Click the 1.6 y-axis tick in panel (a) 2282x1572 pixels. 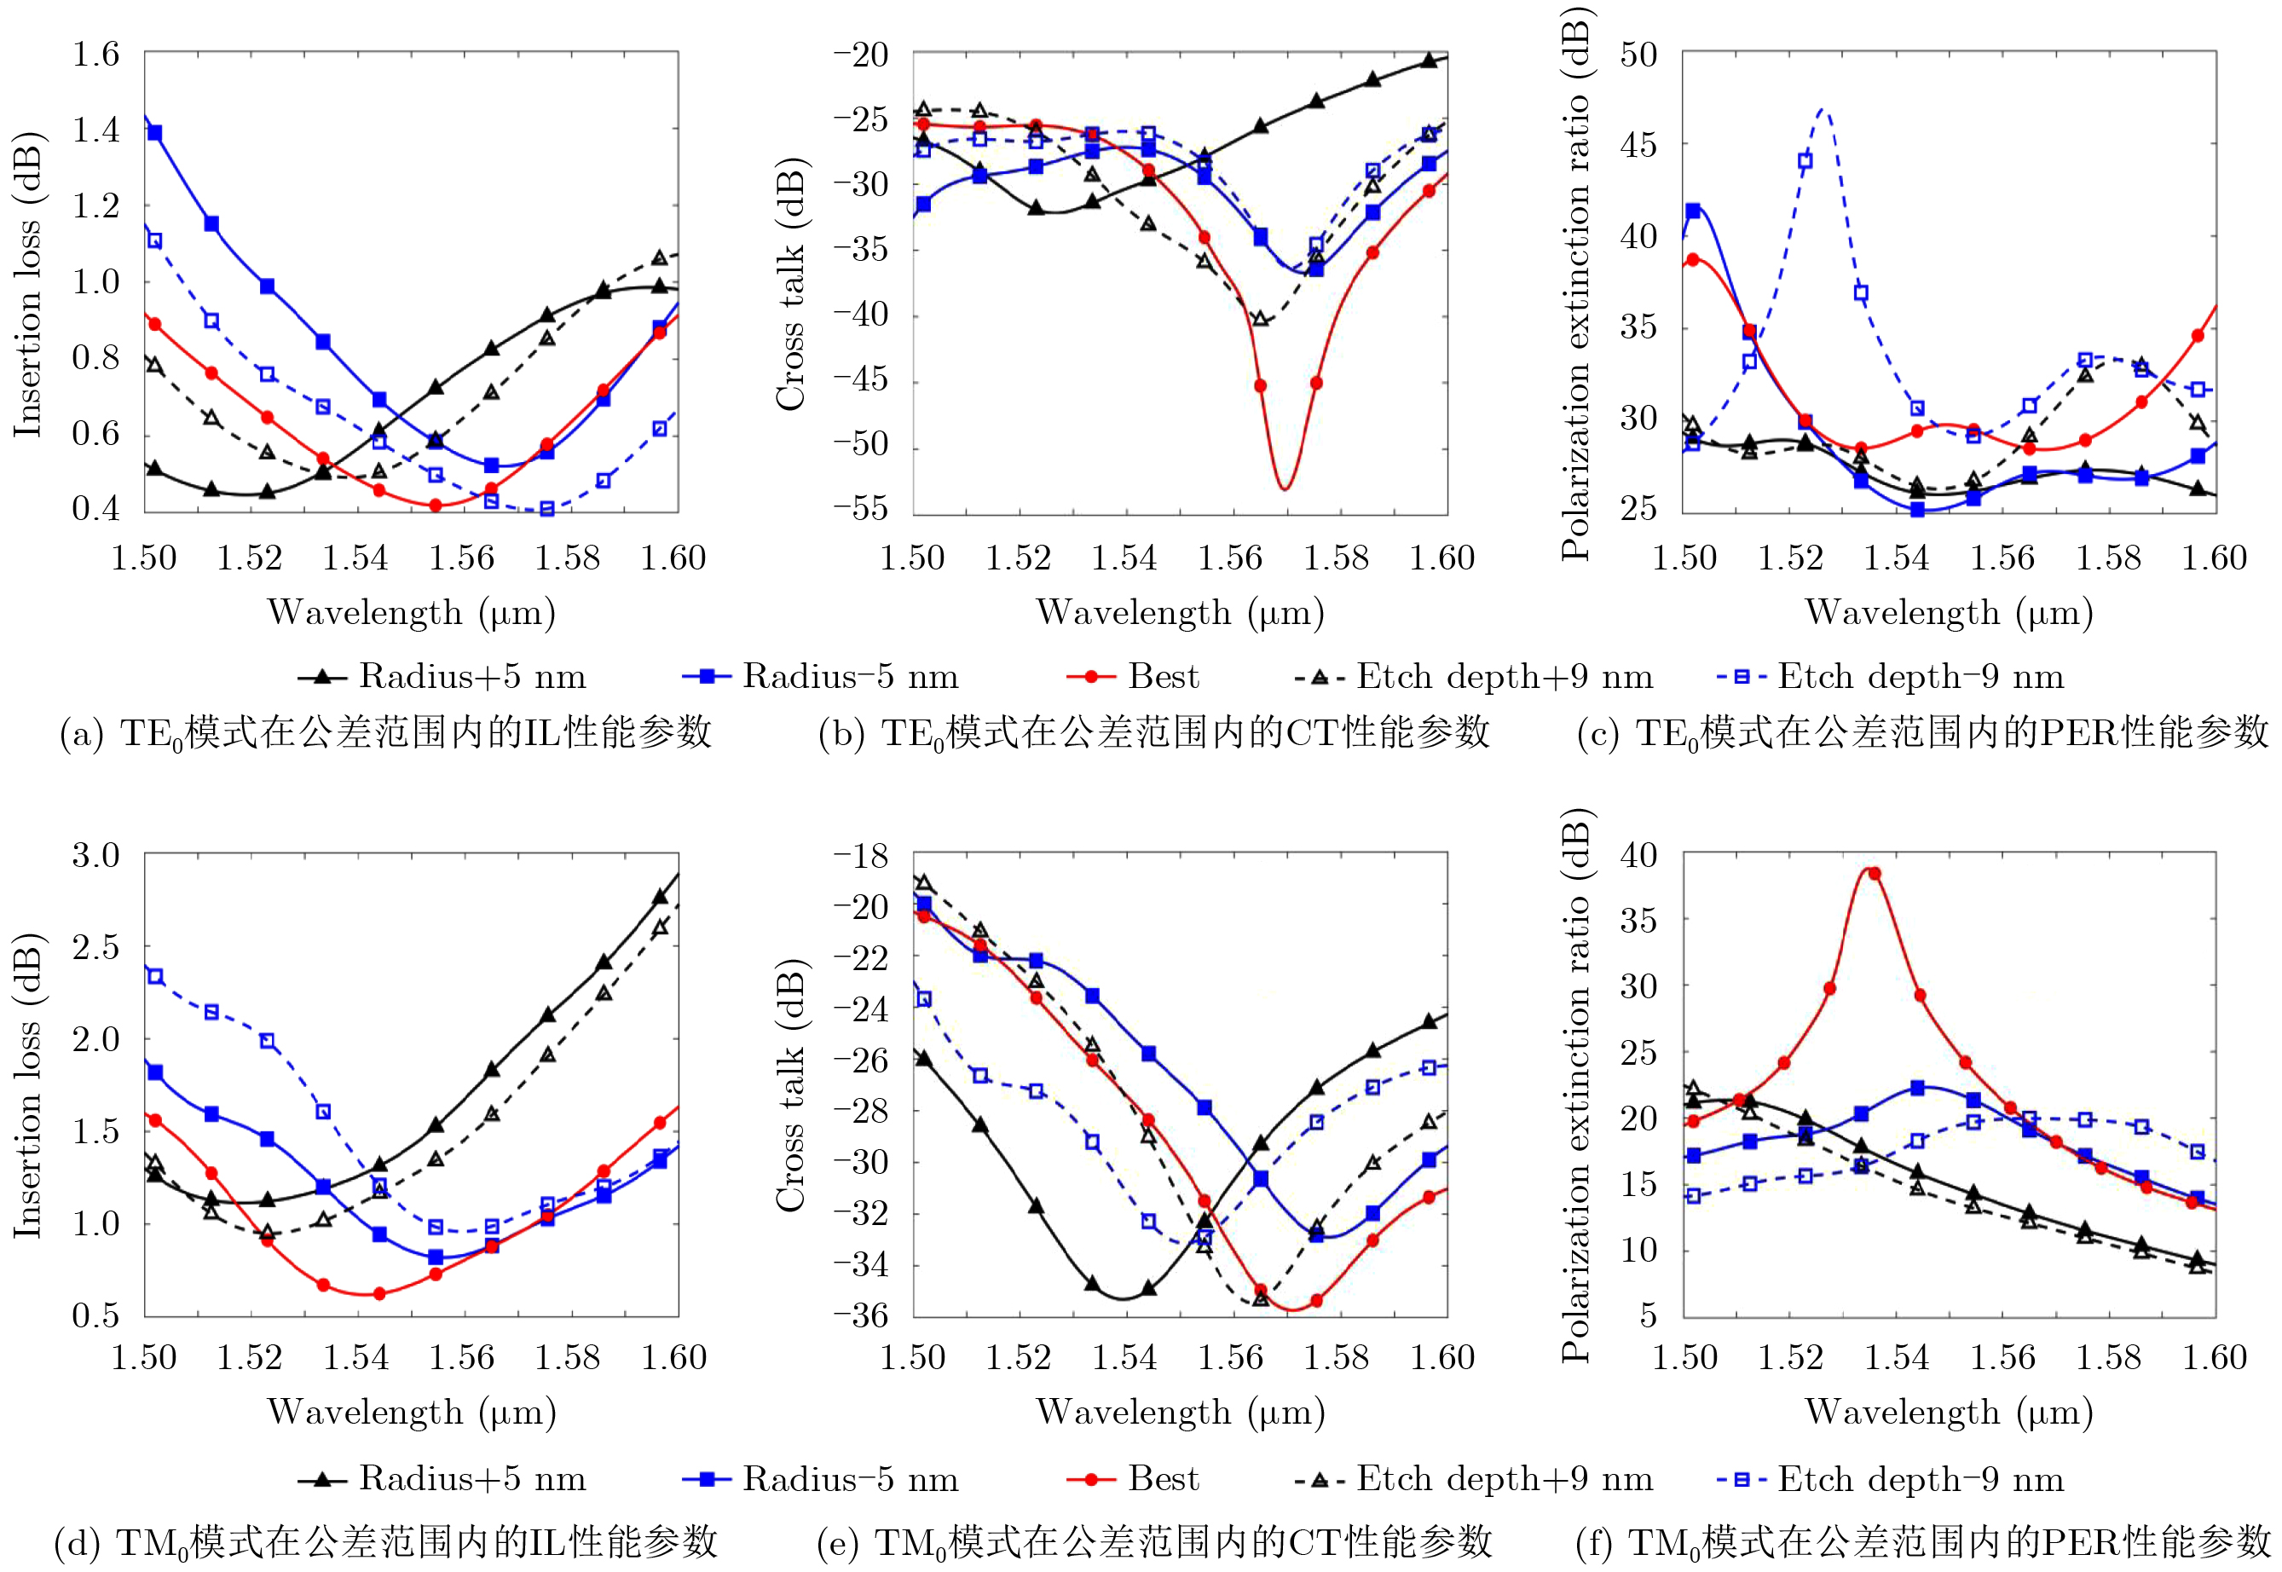click(95, 55)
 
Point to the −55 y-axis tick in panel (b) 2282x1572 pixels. click(860, 509)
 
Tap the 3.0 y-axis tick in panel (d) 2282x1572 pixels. click(95, 855)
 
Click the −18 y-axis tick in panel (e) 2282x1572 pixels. click(860, 855)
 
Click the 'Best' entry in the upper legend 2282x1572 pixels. click(1163, 677)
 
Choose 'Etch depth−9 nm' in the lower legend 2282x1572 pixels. click(1920, 1478)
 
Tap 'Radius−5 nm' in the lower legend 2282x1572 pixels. click(850, 1478)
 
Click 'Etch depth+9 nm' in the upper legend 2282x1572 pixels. click(1504, 677)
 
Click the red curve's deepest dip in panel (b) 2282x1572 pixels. click(1285, 488)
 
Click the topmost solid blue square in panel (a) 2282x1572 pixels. click(154, 133)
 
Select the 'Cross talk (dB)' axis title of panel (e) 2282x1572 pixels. click(791, 1084)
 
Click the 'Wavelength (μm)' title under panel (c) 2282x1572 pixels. click(1948, 613)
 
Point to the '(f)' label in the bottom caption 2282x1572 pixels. click(1593, 1542)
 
